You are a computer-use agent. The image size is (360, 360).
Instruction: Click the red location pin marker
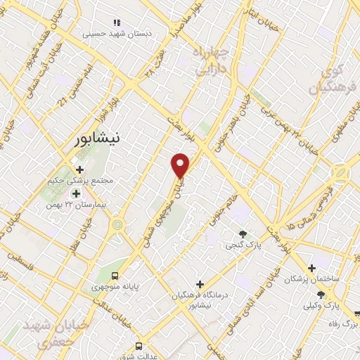pos(181,165)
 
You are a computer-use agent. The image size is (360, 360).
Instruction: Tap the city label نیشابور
pos(102,139)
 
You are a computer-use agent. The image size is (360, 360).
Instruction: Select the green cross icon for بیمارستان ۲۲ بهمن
pos(75,193)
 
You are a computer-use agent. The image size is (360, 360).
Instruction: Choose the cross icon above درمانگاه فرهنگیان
pos(200,284)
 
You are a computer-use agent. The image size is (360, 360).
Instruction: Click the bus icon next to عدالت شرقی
pos(139,346)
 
